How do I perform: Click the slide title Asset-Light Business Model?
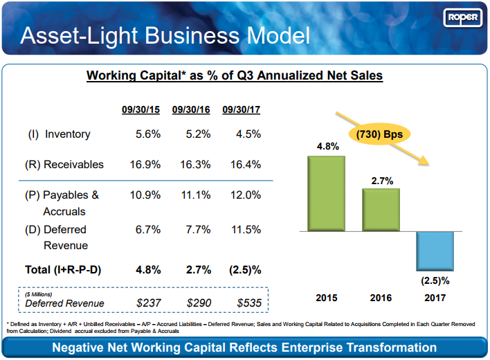pyautogui.click(x=165, y=35)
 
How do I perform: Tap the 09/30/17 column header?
pyautogui.click(x=241, y=109)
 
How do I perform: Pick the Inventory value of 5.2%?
pyautogui.click(x=198, y=134)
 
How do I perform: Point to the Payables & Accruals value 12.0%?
pyautogui.click(x=246, y=195)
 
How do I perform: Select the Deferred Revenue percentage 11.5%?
pyautogui.click(x=246, y=229)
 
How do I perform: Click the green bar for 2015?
pyautogui.click(x=327, y=193)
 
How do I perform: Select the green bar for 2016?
pyautogui.click(x=381, y=209)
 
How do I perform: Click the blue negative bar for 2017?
pyautogui.click(x=435, y=251)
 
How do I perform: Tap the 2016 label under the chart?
pyautogui.click(x=381, y=298)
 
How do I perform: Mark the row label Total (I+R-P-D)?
pyautogui.click(x=64, y=270)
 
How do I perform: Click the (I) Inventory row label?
pyautogui.click(x=60, y=134)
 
